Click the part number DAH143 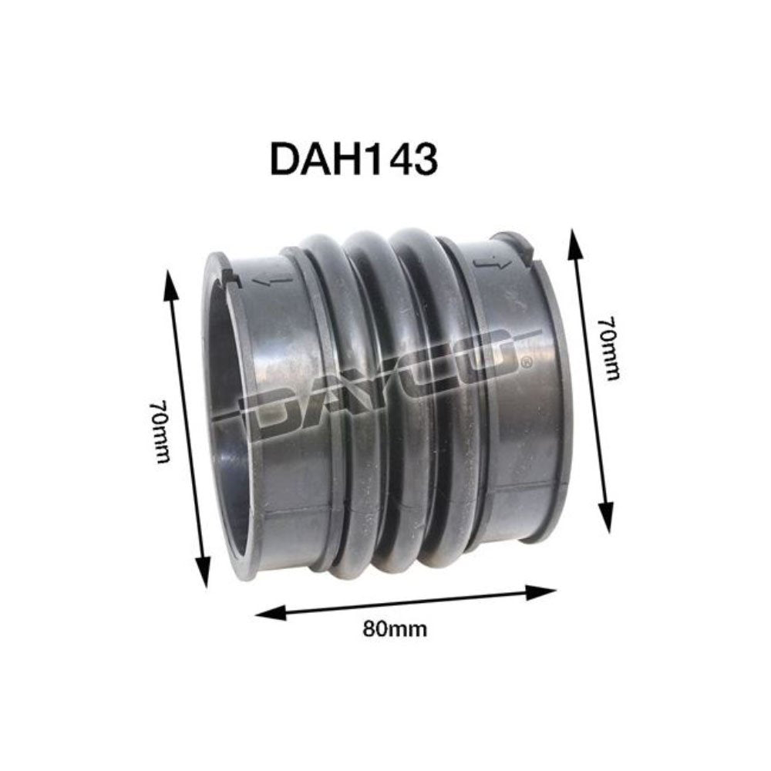pos(353,160)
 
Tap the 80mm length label pos(395,628)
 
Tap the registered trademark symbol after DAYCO pos(526,361)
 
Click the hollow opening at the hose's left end pos(227,416)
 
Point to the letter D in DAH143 pos(284,160)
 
